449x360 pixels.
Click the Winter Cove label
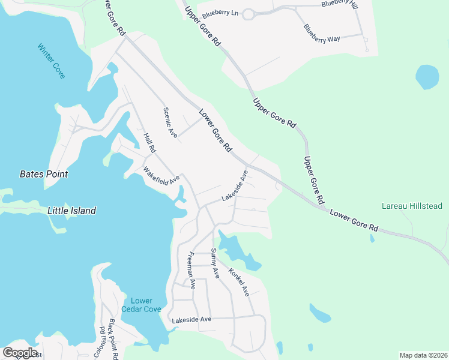tap(50, 60)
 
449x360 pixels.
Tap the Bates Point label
tap(43, 174)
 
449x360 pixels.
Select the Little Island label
tap(71, 211)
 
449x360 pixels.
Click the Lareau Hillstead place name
tap(412, 206)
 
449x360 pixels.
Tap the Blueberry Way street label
tap(322, 33)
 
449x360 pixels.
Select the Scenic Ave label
tap(170, 123)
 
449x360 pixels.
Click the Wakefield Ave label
tap(161, 175)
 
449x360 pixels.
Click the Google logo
tap(20, 353)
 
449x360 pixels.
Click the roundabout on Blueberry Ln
tap(247, 14)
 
